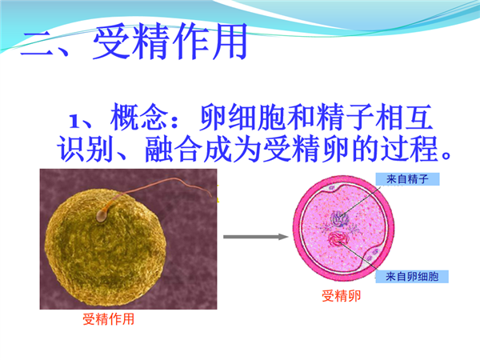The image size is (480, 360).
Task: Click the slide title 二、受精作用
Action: point(134,41)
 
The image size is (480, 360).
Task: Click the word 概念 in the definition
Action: point(139,118)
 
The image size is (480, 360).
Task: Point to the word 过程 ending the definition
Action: point(409,149)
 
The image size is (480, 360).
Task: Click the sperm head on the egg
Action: point(102,215)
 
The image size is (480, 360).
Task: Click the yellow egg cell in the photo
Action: point(106,247)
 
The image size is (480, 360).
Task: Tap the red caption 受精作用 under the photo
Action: point(109,319)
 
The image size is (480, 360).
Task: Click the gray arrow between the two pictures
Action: point(256,237)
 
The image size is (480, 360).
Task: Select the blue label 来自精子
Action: point(407,179)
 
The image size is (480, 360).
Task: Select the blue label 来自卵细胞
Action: point(412,277)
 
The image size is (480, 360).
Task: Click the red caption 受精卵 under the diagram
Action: point(342,296)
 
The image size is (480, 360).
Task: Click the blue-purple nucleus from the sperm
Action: point(339,219)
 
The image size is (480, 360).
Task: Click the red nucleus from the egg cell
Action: point(338,238)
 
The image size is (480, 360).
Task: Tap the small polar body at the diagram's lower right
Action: point(373,254)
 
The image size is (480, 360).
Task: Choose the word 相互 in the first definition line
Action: point(404,118)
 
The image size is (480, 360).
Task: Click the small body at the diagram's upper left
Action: point(332,187)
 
